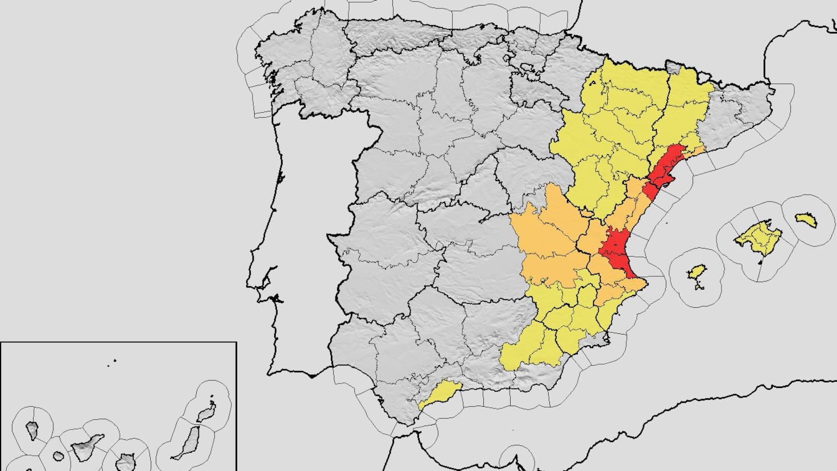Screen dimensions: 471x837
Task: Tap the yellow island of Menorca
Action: [x=806, y=220]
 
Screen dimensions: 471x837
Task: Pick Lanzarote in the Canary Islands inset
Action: [x=208, y=412]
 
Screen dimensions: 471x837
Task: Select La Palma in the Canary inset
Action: [x=32, y=430]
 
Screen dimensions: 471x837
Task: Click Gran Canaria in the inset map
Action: [x=125, y=464]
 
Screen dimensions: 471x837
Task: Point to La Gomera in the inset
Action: [x=58, y=456]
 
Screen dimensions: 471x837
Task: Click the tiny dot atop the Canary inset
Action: [x=114, y=360]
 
